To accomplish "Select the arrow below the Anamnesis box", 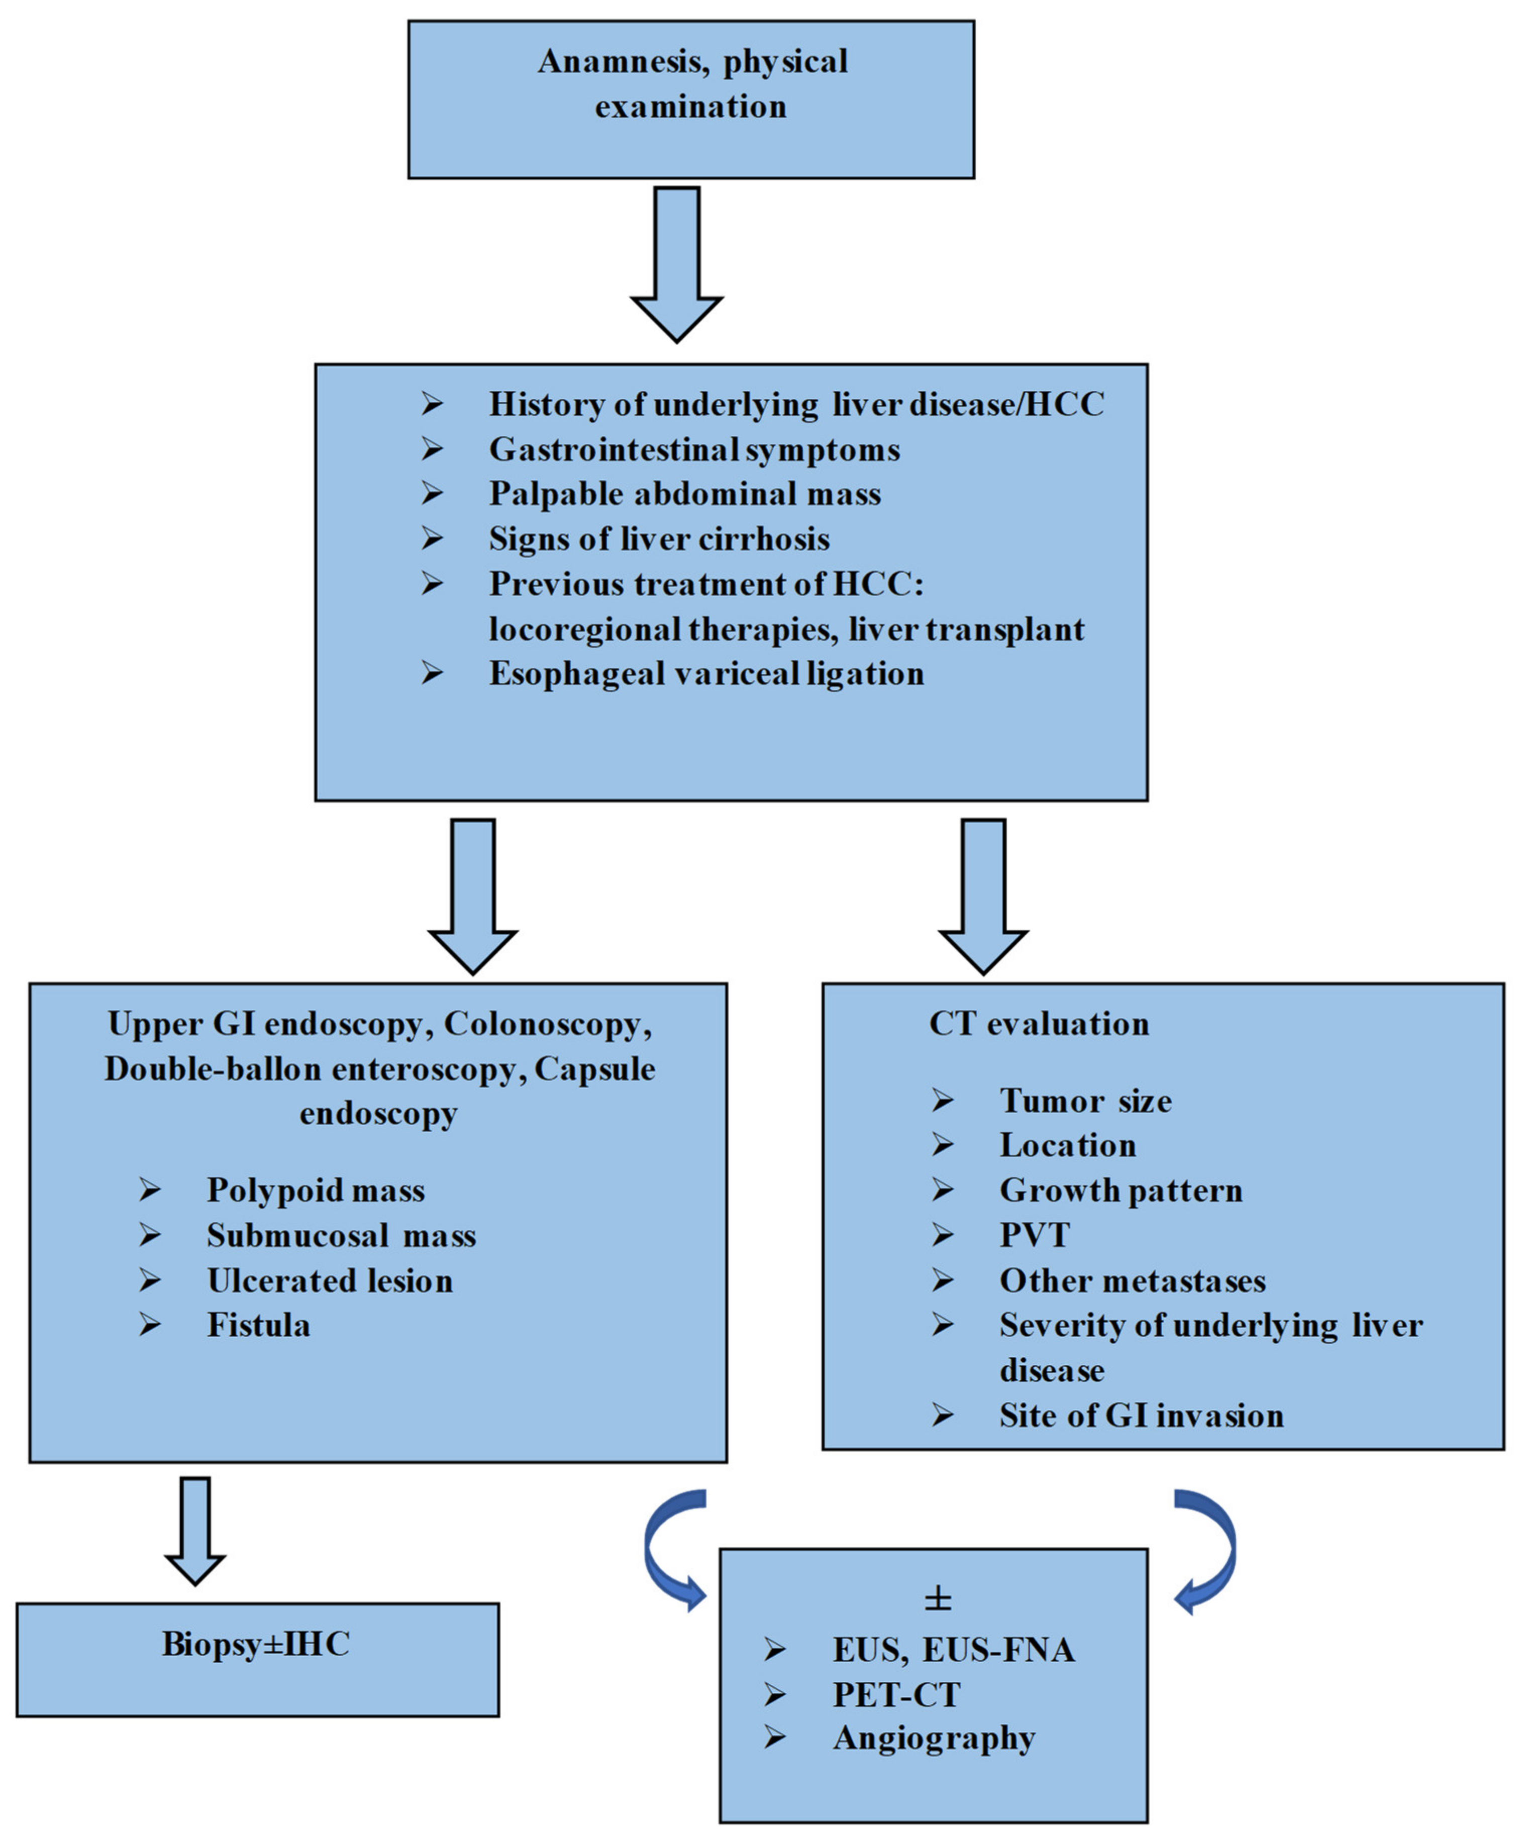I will click(677, 263).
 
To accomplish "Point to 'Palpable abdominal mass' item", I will click(684, 494).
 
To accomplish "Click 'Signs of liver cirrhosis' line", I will click(659, 539).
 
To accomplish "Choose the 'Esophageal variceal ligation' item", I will click(706, 674).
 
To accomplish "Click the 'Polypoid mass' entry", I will click(316, 1190).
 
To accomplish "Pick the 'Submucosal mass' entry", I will click(341, 1235).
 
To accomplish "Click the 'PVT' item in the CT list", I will click(1034, 1235).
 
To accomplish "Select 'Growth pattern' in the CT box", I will click(1121, 1190).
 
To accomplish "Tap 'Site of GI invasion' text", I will click(1141, 1416).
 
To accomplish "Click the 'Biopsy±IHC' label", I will click(256, 1645).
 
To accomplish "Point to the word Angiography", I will click(935, 1739).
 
